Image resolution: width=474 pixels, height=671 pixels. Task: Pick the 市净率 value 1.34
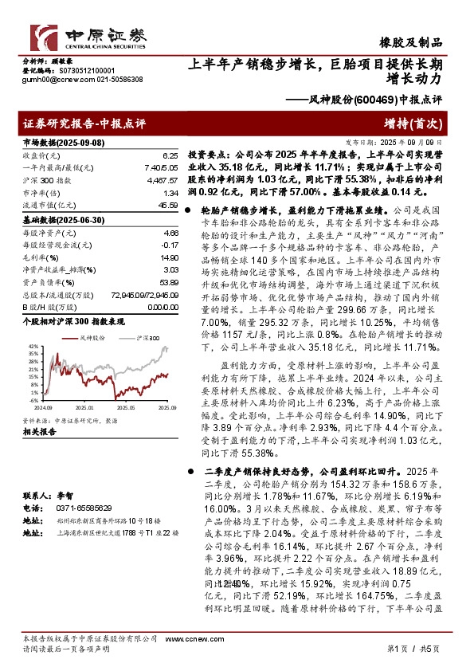point(169,194)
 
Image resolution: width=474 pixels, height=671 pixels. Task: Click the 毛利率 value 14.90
point(166,257)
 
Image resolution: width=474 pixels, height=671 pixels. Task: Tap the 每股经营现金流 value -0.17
point(167,245)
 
